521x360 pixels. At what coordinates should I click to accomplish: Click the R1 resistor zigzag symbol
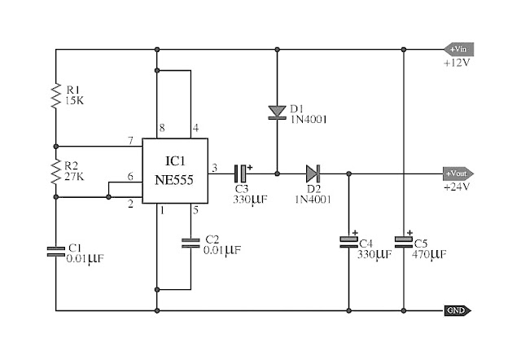click(x=56, y=96)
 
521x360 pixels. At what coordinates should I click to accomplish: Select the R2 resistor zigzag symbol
click(x=56, y=172)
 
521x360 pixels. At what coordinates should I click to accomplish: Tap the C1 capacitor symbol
click(x=56, y=252)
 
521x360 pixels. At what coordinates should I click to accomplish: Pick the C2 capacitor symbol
click(x=190, y=243)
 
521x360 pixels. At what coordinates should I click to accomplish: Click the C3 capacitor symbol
click(x=241, y=173)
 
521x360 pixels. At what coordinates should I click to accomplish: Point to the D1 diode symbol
click(x=277, y=112)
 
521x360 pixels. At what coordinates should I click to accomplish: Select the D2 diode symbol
click(x=313, y=173)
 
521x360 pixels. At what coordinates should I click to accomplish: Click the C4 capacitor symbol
click(x=348, y=242)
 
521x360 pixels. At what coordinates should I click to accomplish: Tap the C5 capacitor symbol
click(x=404, y=242)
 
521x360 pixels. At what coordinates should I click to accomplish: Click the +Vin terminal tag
click(x=459, y=49)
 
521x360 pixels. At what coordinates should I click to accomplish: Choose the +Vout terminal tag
click(x=458, y=173)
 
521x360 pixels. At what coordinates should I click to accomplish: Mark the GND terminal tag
click(x=458, y=310)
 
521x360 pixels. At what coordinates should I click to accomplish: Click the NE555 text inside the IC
click(x=174, y=180)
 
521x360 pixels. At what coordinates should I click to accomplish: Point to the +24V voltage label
click(x=457, y=187)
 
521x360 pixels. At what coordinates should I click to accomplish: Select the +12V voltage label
click(x=457, y=63)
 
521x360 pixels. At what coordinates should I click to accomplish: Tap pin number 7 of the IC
click(x=131, y=141)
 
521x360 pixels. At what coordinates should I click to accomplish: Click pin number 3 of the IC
click(x=215, y=168)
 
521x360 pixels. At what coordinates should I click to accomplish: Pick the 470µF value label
click(x=429, y=255)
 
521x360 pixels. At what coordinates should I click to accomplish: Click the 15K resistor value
click(x=74, y=100)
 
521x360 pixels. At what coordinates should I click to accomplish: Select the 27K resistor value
click(x=74, y=176)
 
